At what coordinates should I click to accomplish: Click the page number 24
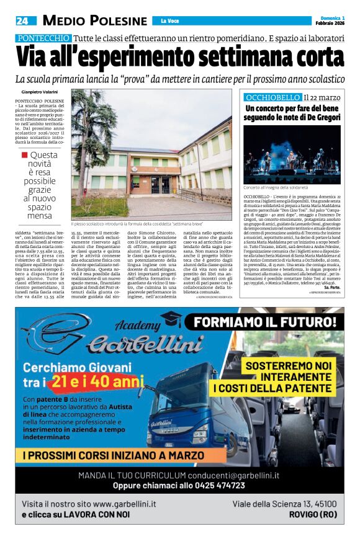(22, 21)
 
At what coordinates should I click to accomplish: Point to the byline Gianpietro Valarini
(42, 92)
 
